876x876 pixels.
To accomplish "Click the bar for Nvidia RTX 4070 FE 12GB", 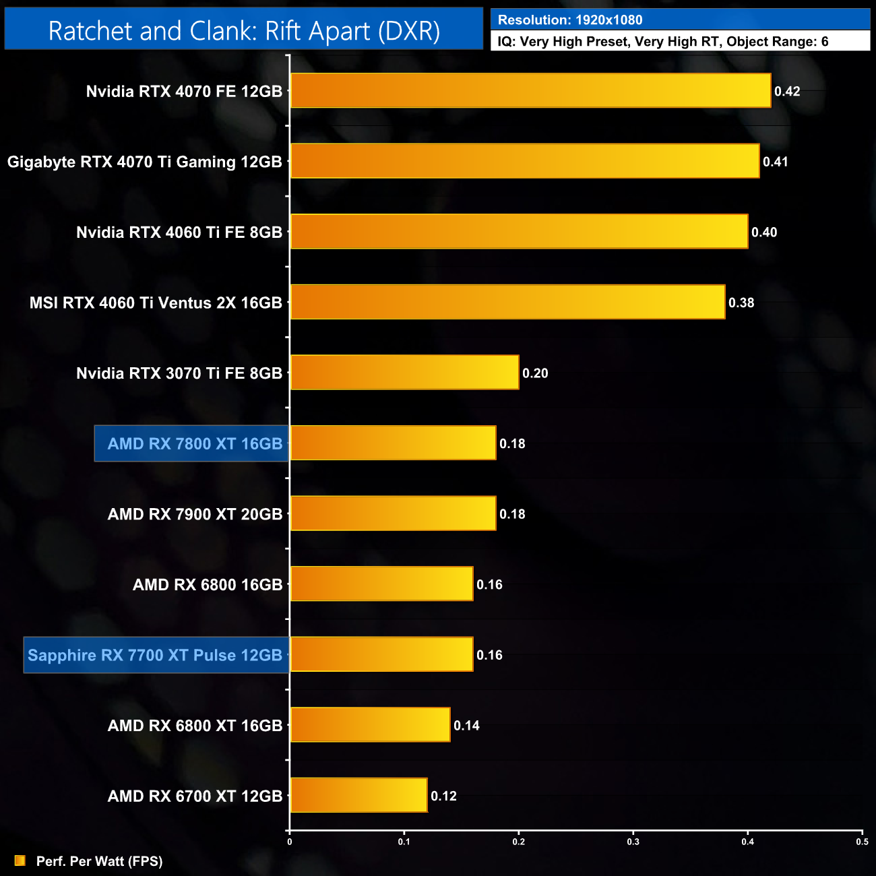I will (x=530, y=90).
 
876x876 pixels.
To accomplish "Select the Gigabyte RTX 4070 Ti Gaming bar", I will (x=524, y=161).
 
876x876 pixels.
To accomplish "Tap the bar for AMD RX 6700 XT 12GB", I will (x=358, y=795).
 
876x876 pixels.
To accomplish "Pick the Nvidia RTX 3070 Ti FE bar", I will (x=404, y=373).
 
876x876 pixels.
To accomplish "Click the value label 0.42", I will (x=787, y=92).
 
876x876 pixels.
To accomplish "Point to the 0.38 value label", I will (x=741, y=303).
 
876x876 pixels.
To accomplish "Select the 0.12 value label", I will (x=443, y=796).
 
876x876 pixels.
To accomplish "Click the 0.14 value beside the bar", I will (x=466, y=726).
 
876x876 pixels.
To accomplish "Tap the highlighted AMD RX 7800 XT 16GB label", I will (x=194, y=443).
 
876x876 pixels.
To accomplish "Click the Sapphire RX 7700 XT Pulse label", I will (x=155, y=655).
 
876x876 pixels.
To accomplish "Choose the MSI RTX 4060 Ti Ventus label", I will (x=156, y=303).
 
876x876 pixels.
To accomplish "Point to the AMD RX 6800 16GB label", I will (x=208, y=584).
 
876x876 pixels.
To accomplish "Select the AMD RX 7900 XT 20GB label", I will (x=195, y=514).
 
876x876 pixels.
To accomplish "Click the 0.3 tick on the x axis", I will (x=633, y=842).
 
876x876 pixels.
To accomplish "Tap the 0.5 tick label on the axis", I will (x=862, y=842).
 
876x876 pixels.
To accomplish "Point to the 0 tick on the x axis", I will (x=290, y=842).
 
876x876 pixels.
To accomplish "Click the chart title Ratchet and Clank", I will (x=244, y=31).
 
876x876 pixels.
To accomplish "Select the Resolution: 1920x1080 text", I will (x=570, y=20).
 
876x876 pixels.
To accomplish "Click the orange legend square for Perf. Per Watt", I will (x=20, y=861).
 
